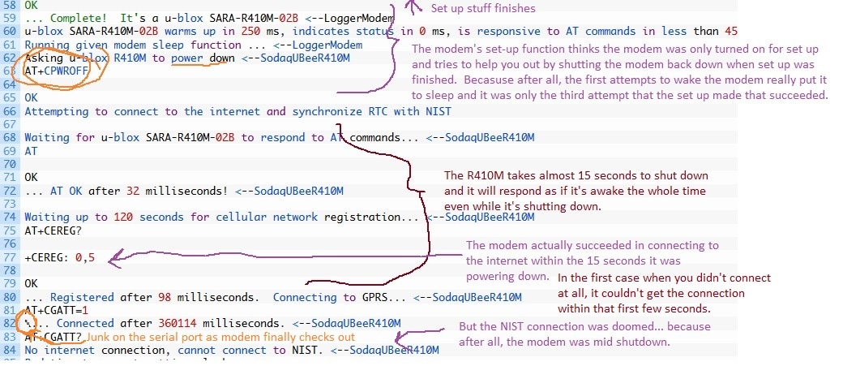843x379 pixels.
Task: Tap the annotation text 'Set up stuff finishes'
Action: pos(482,8)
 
